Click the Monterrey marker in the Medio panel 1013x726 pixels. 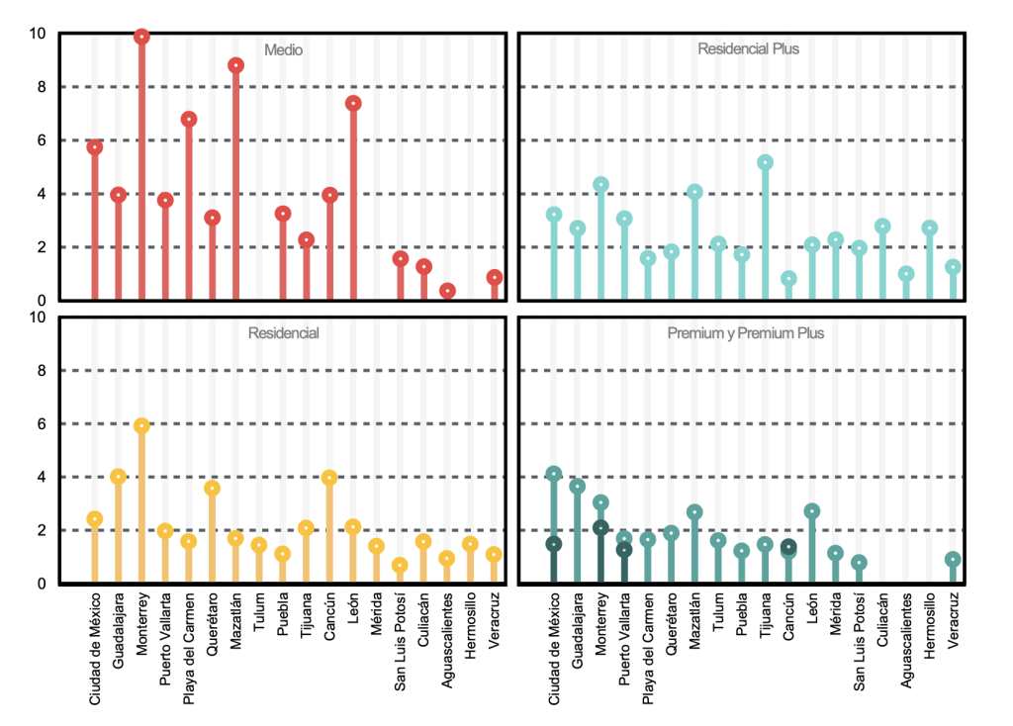[x=141, y=37]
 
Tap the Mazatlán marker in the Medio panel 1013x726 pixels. [x=235, y=65]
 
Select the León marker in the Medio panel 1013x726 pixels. [x=353, y=103]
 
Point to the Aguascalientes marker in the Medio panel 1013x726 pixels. [x=447, y=291]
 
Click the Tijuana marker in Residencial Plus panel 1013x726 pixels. [x=766, y=162]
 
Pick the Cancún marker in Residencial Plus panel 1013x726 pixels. [x=788, y=279]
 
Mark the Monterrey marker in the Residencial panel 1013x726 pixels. [x=141, y=425]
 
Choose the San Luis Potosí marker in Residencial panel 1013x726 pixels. [x=400, y=566]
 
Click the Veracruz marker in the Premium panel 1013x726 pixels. [x=953, y=560]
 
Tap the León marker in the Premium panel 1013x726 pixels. [x=812, y=511]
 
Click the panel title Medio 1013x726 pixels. [x=283, y=49]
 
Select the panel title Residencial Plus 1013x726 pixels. [x=748, y=48]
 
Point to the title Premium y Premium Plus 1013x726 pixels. [x=746, y=333]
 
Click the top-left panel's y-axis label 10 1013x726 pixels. [x=38, y=34]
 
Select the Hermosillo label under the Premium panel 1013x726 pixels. [x=930, y=626]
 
